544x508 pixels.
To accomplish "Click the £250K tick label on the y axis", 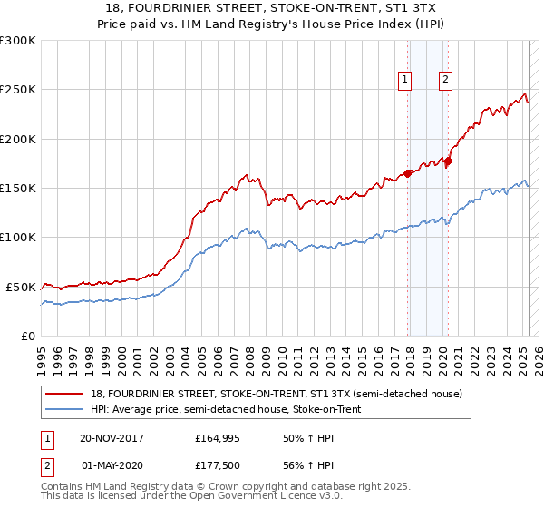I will pos(18,90).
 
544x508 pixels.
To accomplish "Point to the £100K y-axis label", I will pos(18,237).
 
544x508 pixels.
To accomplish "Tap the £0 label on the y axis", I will pos(28,336).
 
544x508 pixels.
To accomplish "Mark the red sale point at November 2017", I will pos(407,173).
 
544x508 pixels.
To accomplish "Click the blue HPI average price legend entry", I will pos(226,410).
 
